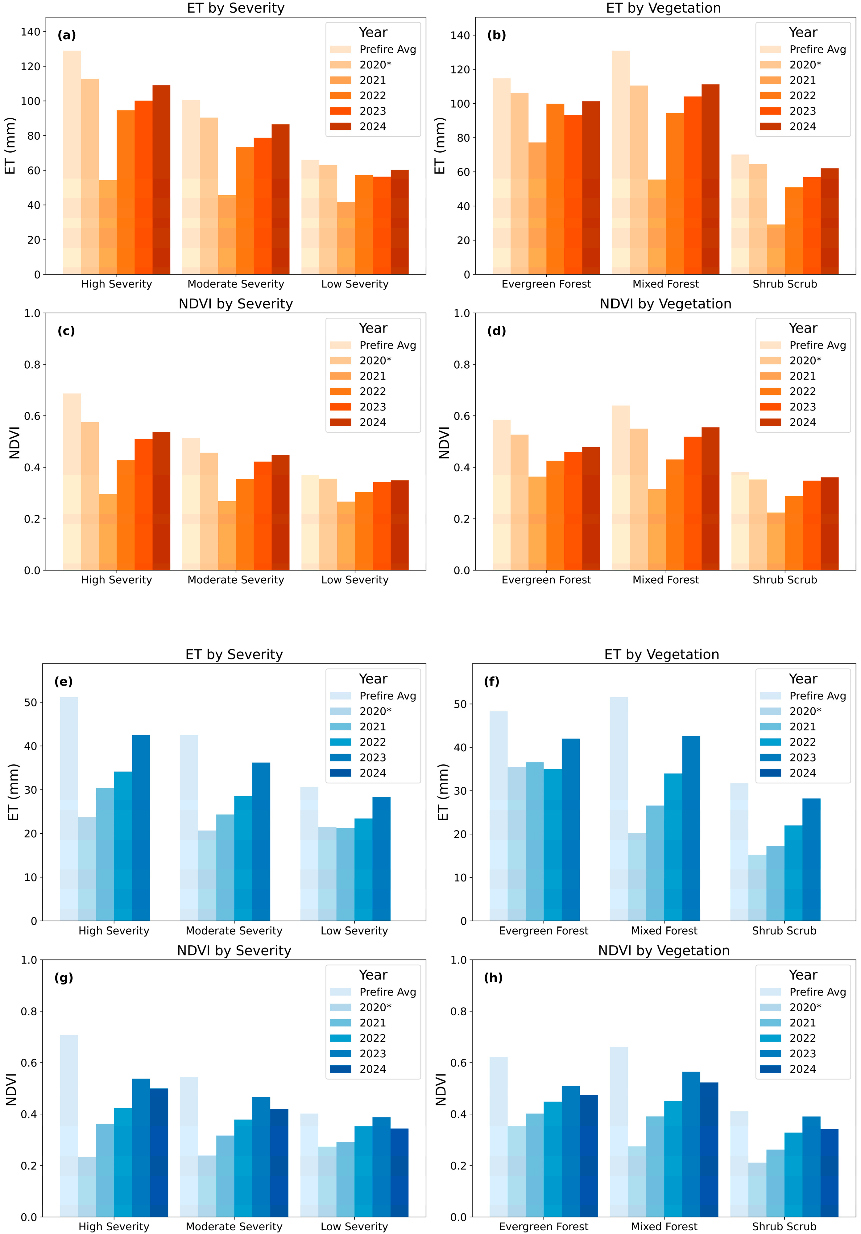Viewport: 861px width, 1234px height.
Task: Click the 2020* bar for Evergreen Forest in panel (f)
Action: [516, 844]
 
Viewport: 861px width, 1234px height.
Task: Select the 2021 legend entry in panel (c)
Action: [372, 376]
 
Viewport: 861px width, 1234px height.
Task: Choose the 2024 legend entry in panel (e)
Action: [372, 773]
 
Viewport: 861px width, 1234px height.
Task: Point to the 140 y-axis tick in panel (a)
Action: [31, 32]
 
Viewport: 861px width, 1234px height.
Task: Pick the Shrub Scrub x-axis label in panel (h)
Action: [784, 1226]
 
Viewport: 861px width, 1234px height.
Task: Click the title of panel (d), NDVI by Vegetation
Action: [665, 304]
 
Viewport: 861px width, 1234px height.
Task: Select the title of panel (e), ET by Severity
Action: [234, 654]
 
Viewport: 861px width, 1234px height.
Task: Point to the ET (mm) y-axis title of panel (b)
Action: [440, 146]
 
